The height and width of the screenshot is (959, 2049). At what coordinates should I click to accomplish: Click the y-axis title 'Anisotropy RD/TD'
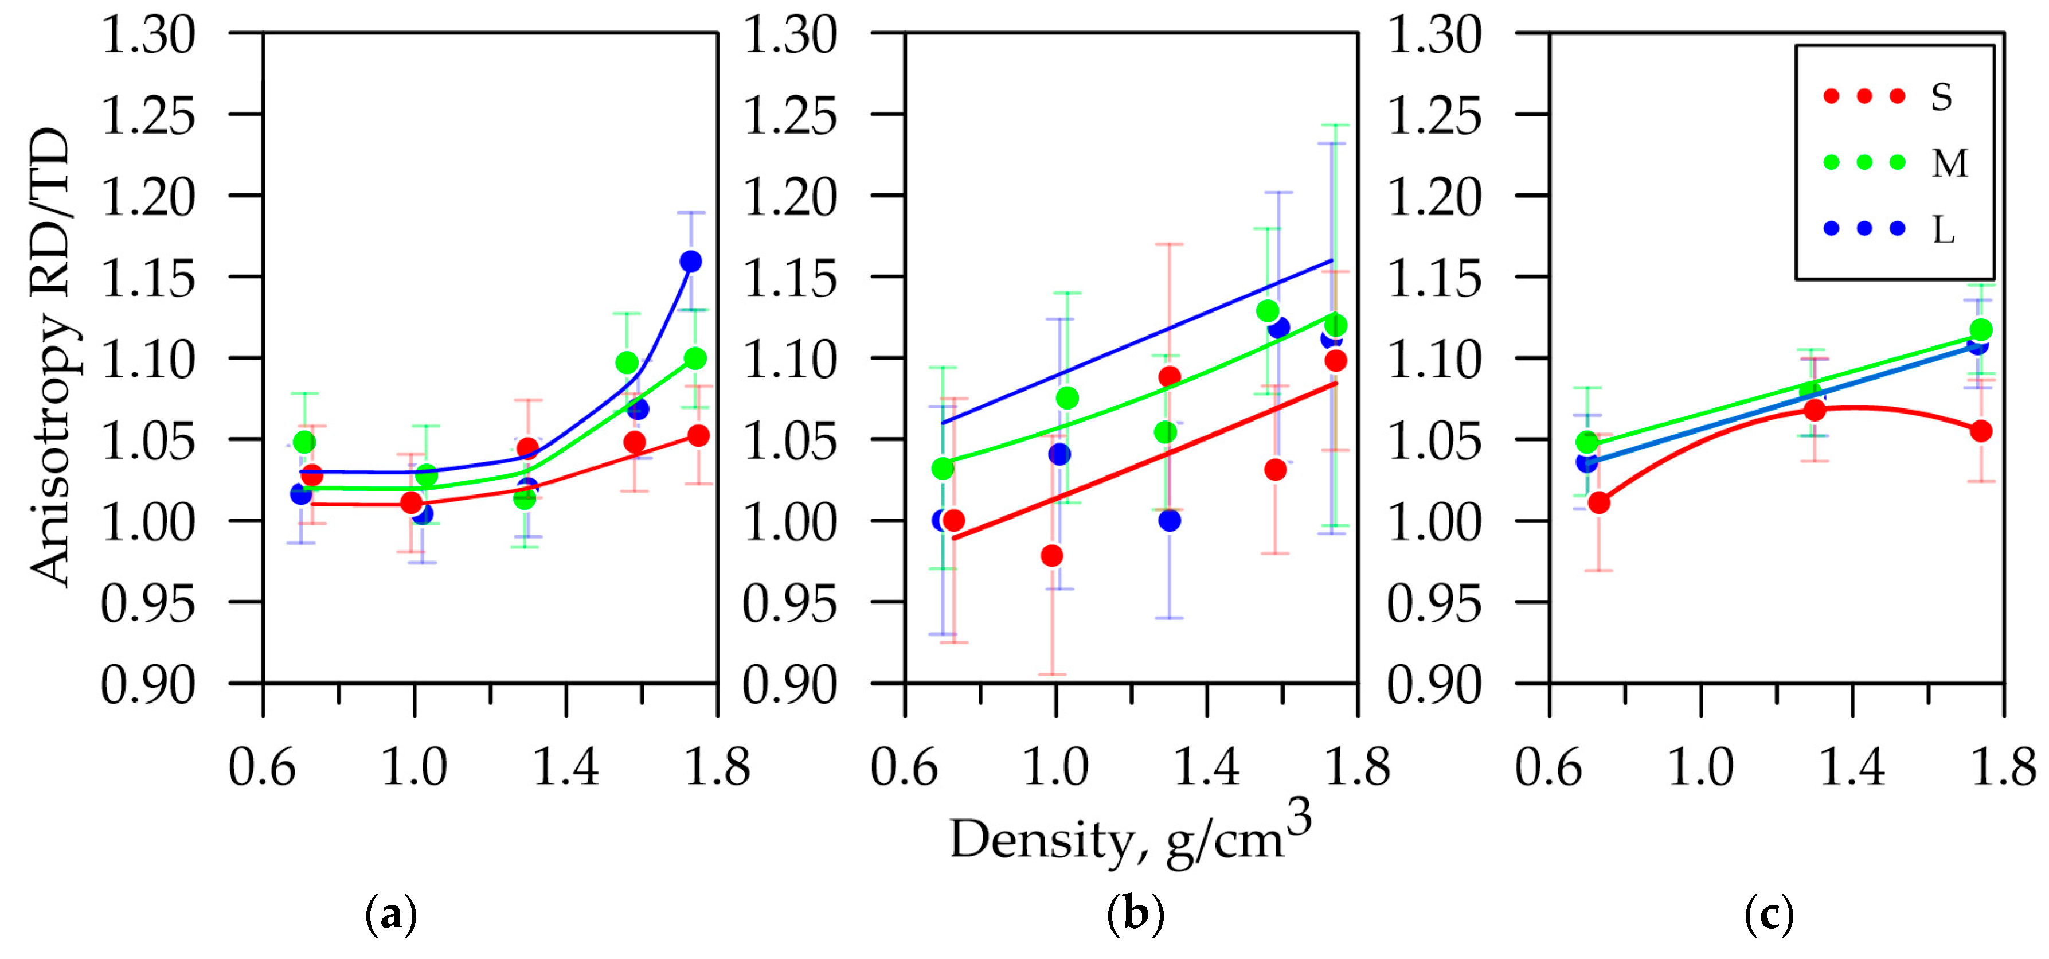click(49, 358)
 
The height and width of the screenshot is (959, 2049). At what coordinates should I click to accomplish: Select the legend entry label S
click(1942, 97)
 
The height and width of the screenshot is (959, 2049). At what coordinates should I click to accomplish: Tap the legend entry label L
click(1943, 230)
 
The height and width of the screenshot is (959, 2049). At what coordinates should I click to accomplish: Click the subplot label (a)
click(390, 914)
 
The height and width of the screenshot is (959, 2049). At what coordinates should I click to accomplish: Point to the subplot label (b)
click(1135, 914)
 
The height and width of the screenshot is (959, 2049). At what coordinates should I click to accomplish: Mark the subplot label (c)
click(1769, 914)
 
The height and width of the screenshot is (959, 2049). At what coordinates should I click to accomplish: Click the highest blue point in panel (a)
click(690, 261)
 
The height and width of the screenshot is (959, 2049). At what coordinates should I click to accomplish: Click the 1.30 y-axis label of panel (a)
click(148, 36)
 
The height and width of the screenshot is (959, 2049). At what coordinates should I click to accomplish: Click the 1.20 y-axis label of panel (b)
click(790, 197)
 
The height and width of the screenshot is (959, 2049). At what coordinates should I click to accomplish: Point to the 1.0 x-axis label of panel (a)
click(413, 768)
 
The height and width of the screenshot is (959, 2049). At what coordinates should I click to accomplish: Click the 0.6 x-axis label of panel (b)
click(904, 768)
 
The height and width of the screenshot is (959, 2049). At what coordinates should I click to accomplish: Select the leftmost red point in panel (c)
click(1599, 502)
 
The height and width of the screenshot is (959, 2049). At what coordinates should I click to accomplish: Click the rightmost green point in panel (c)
click(1981, 329)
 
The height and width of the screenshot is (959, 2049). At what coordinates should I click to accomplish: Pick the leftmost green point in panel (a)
click(304, 442)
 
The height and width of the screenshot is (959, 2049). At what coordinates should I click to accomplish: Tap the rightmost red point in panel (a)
click(698, 435)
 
